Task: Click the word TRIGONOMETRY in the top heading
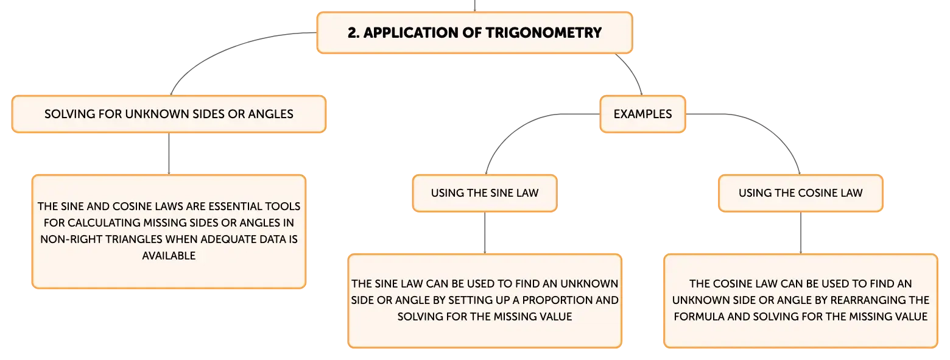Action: (543, 33)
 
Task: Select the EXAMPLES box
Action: (642, 114)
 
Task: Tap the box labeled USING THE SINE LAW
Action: (485, 193)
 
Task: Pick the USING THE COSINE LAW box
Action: (801, 193)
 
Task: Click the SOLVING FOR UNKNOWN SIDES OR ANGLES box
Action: (169, 114)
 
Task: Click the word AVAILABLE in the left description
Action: (169, 256)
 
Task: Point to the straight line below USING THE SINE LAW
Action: (485, 233)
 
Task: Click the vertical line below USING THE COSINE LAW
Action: (801, 233)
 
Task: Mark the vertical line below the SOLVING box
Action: (169, 154)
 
